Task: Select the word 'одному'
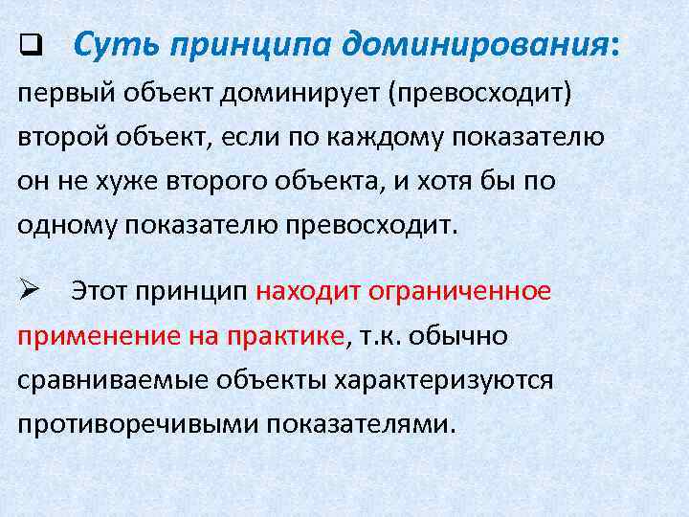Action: (67, 226)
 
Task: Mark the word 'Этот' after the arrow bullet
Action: (102, 291)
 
